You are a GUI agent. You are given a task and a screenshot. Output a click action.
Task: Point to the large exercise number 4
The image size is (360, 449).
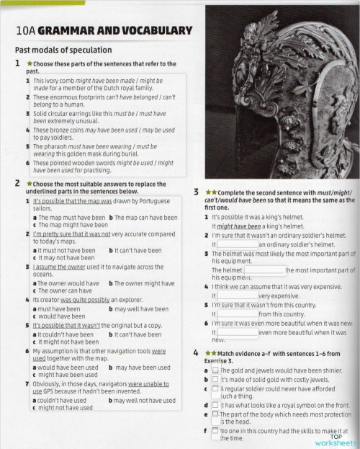click(197, 354)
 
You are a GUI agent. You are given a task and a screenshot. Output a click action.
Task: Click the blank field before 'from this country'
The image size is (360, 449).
click(237, 314)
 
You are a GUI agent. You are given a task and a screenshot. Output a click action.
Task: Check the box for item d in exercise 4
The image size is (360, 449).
click(215, 406)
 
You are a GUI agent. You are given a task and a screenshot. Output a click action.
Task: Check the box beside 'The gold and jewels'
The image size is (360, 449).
click(215, 370)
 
